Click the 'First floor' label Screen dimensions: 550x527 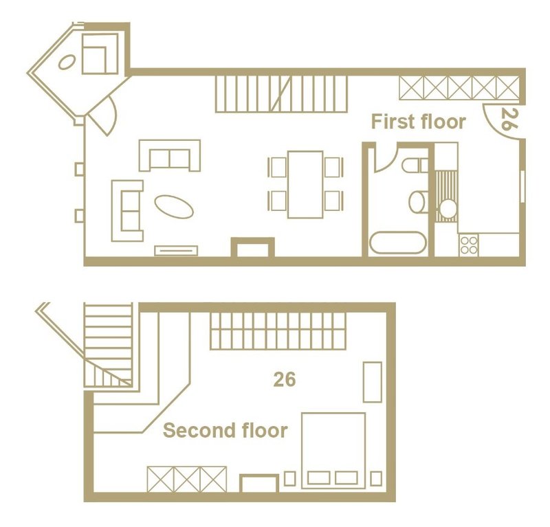[x=419, y=122]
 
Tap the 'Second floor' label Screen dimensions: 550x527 [x=225, y=430]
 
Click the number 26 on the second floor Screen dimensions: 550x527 [x=285, y=379]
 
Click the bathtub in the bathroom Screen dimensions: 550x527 [x=398, y=243]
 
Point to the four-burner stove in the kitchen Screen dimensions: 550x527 [x=469, y=245]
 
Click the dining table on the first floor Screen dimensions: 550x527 [x=305, y=185]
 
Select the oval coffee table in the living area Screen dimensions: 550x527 [x=174, y=207]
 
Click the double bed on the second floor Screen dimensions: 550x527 [x=333, y=451]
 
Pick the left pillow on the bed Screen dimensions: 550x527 [x=318, y=478]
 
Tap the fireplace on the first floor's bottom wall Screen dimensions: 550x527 [x=252, y=247]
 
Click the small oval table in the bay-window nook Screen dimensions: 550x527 [x=67, y=63]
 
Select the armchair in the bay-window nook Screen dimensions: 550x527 [x=100, y=54]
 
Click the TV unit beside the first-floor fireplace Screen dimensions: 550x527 [x=176, y=250]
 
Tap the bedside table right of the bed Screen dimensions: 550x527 [x=376, y=479]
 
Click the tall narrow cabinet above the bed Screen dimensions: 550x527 [x=372, y=382]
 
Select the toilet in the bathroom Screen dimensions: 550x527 [x=415, y=165]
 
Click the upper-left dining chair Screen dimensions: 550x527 [x=278, y=167]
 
